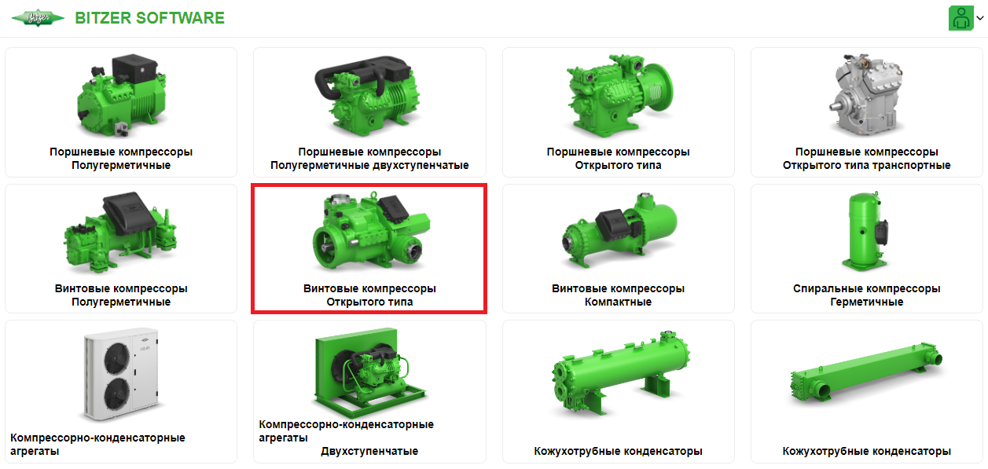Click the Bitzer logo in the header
(38, 18)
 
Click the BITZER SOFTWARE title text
(149, 18)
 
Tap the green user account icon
(960, 18)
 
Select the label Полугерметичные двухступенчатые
(369, 166)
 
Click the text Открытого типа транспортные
(866, 166)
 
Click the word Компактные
(618, 302)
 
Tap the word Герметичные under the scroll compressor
(866, 302)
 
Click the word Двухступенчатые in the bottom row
(369, 452)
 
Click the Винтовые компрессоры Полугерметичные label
(121, 295)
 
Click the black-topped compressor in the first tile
(120, 94)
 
